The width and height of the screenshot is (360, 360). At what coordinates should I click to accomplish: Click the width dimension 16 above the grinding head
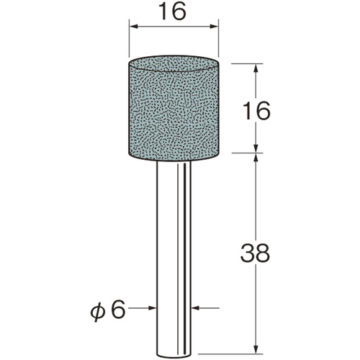[174, 12]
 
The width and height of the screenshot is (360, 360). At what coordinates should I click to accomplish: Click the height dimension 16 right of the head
[257, 111]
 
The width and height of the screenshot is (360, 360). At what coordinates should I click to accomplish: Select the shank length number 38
[256, 253]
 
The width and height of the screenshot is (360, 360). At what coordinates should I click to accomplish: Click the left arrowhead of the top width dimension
[135, 27]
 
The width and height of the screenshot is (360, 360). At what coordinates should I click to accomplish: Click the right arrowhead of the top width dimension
[214, 27]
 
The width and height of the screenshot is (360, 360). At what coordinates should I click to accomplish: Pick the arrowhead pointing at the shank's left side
[152, 308]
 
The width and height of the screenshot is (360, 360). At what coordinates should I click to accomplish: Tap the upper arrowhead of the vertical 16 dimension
[256, 68]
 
